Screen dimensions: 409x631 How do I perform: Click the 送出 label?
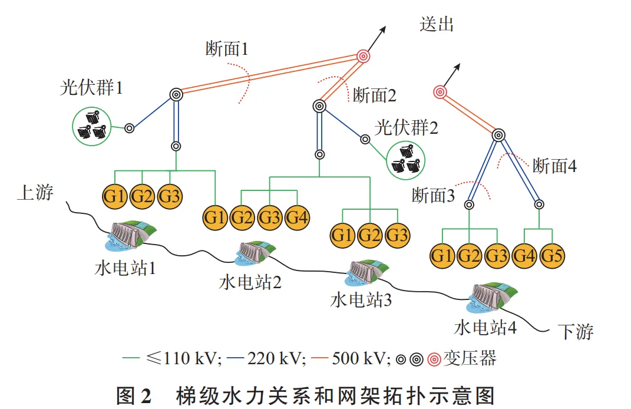(437, 24)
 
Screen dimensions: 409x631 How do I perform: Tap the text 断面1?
(227, 49)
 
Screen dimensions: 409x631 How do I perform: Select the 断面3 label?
(434, 195)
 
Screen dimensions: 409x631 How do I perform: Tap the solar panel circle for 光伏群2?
(406, 160)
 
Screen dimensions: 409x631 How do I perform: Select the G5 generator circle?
(553, 256)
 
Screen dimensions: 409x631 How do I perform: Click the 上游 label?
(35, 193)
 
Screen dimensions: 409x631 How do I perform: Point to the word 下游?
(576, 331)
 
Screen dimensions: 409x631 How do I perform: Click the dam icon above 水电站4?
(491, 298)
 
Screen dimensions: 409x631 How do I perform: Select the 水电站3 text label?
(361, 300)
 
